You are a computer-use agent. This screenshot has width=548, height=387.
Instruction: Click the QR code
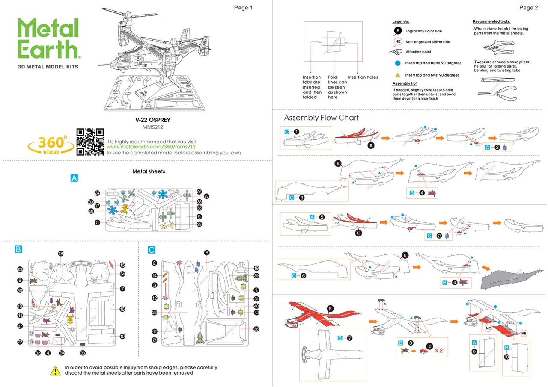(x=90, y=142)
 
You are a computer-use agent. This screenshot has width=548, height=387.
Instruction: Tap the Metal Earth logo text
(x=48, y=38)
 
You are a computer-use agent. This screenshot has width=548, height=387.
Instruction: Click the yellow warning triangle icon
(x=55, y=370)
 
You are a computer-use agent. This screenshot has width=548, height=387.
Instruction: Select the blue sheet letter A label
(x=74, y=178)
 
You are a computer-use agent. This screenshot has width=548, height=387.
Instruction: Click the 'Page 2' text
(x=528, y=8)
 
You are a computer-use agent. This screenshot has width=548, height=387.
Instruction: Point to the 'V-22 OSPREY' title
(x=153, y=120)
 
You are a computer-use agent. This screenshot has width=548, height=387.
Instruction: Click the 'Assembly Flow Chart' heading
(x=321, y=118)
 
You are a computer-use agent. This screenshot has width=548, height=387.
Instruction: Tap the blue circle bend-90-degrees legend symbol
(x=398, y=63)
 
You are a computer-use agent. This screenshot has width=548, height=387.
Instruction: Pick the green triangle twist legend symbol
(x=398, y=75)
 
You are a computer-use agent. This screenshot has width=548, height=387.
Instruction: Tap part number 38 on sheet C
(x=256, y=329)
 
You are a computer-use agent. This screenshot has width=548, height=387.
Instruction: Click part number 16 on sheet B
(x=122, y=309)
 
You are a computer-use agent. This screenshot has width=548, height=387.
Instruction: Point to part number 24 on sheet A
(x=97, y=193)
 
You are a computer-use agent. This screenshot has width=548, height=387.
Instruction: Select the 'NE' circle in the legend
(x=398, y=42)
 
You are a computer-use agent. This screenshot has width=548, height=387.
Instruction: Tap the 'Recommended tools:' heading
(x=491, y=21)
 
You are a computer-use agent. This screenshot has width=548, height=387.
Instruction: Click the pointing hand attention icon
(x=398, y=52)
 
